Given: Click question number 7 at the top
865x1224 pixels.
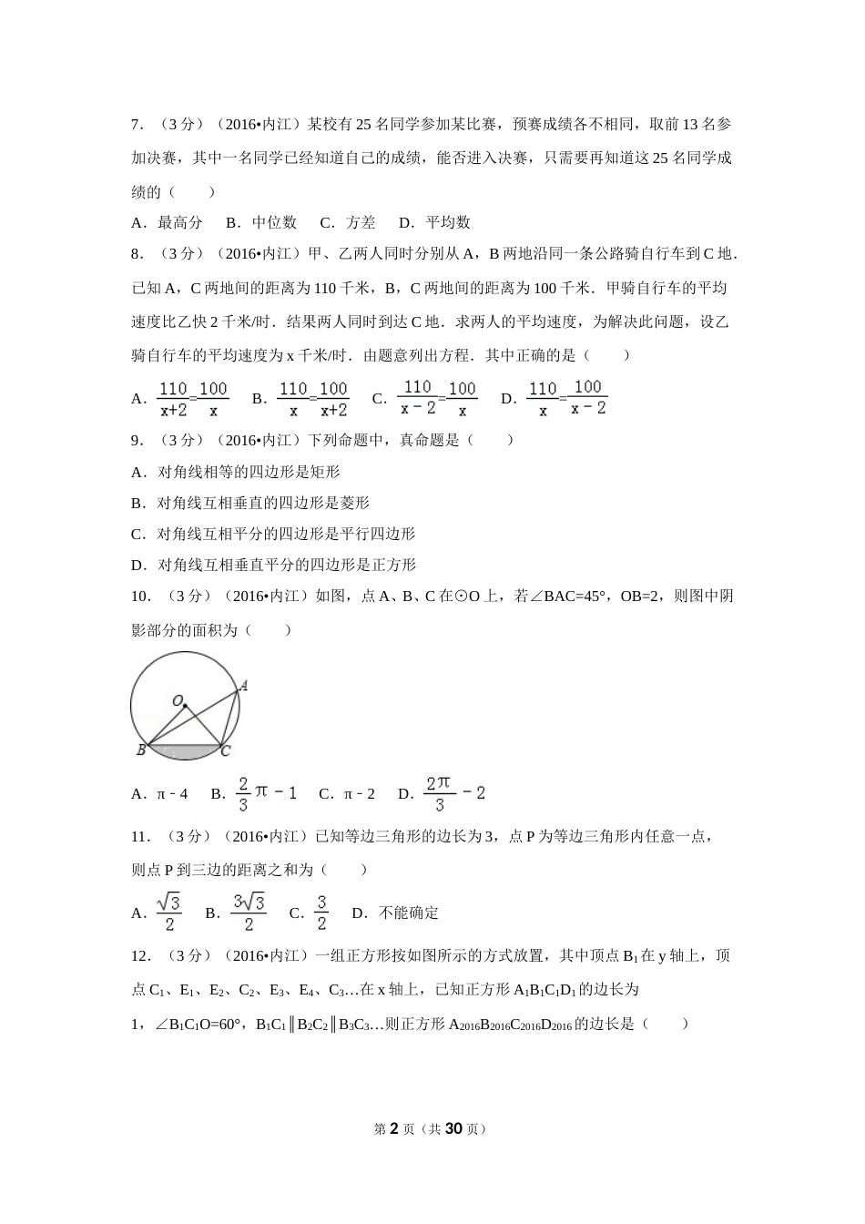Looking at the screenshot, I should coord(137,124).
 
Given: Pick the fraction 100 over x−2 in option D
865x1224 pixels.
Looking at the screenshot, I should coord(588,398).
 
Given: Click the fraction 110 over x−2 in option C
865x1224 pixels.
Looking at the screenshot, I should coord(418,398).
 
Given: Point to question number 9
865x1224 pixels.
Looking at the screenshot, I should coord(137,440).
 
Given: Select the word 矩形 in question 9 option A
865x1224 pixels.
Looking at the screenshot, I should coord(325,472).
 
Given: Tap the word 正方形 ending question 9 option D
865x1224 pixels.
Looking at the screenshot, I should coord(393,565).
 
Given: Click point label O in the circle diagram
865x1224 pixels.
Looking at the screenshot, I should coord(178,701).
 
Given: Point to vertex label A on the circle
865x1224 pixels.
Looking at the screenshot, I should coord(244,686).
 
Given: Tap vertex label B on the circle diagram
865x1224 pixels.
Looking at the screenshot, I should coord(141,750).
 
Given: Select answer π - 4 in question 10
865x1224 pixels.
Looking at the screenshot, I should coord(172,793).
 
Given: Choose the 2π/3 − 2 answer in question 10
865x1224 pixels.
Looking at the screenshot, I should coord(454,793).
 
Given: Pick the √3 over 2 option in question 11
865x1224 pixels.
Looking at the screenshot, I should coord(169,913).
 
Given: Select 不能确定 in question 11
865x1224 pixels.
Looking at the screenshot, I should coord(409,913).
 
